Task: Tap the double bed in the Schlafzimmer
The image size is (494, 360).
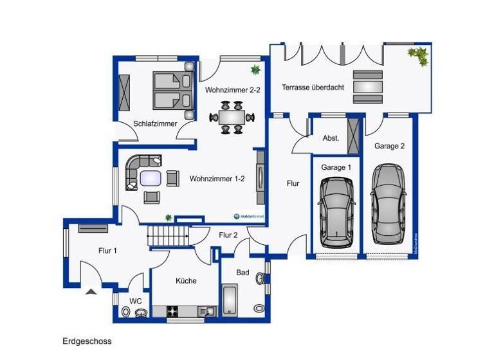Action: point(172,91)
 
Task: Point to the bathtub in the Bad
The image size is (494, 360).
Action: point(230,300)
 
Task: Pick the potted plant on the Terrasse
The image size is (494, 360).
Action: point(419,56)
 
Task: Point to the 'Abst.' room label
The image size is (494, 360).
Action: point(331,138)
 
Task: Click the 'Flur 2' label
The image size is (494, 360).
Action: point(228,235)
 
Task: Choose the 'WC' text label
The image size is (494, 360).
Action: point(136,300)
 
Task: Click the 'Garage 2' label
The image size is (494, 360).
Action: point(389,146)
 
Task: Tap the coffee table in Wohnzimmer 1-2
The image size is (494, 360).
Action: point(152,177)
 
